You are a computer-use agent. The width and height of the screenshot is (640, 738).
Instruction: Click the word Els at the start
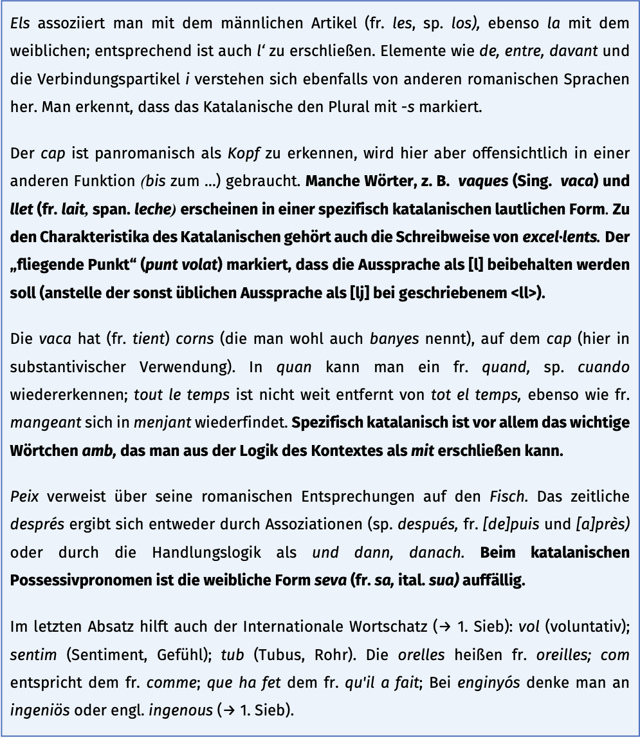(x=20, y=24)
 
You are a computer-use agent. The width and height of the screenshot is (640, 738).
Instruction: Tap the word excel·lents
(x=560, y=236)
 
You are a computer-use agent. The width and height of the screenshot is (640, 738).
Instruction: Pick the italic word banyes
(x=394, y=339)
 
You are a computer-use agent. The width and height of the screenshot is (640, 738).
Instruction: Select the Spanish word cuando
(x=603, y=367)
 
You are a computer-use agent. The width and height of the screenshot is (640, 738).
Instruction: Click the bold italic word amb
(x=98, y=451)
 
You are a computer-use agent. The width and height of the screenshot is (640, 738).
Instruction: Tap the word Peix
(x=24, y=498)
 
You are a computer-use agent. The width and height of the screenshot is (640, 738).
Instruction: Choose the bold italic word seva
(x=331, y=580)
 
